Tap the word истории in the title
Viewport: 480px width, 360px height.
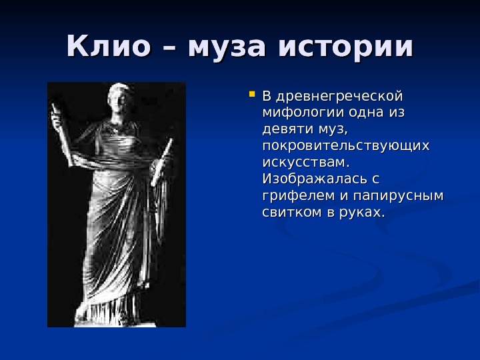(x=346, y=47)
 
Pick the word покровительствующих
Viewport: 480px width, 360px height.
(x=346, y=145)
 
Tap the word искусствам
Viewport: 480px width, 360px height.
(x=306, y=162)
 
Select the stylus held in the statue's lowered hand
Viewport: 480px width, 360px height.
(x=162, y=160)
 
